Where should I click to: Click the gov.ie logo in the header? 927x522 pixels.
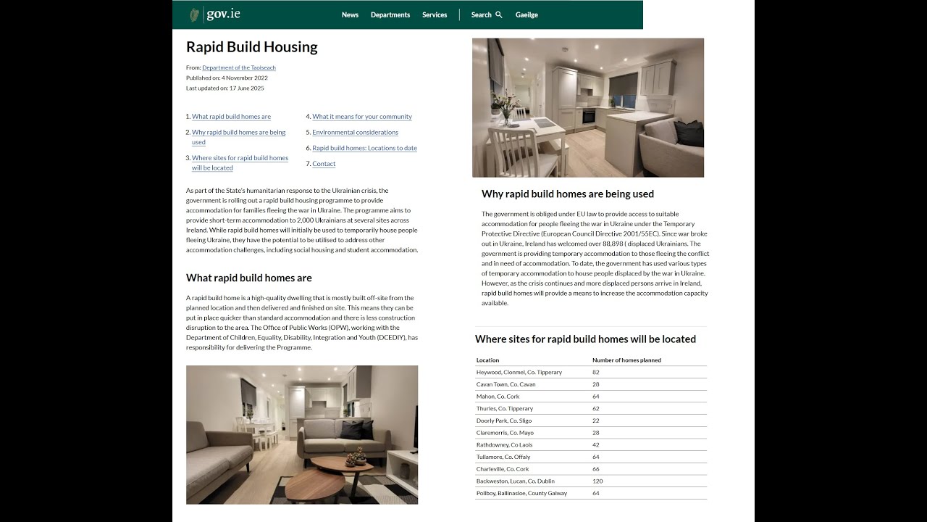(x=215, y=14)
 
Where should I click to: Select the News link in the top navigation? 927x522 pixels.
(x=350, y=14)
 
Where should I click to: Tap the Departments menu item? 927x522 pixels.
(x=390, y=14)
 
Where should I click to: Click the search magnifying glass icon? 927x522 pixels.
(x=499, y=14)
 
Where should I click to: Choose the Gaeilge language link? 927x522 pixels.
(x=527, y=14)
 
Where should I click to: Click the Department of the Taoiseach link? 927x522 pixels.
(x=239, y=67)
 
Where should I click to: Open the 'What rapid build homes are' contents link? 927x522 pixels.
(x=231, y=117)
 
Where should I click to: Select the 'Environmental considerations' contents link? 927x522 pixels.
(x=355, y=133)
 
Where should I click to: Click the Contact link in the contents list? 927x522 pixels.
(x=324, y=164)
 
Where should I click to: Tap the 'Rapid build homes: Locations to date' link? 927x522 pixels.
(x=364, y=148)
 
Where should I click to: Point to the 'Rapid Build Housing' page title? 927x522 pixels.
(x=252, y=47)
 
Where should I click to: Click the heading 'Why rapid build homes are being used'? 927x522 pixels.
(x=568, y=194)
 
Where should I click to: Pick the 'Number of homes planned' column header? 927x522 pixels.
(x=626, y=360)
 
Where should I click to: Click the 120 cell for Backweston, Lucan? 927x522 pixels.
(x=597, y=481)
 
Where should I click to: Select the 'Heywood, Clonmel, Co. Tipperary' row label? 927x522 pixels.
(x=519, y=373)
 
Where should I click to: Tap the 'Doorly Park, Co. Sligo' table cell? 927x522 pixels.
(x=503, y=421)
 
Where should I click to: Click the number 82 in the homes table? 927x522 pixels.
(x=595, y=373)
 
